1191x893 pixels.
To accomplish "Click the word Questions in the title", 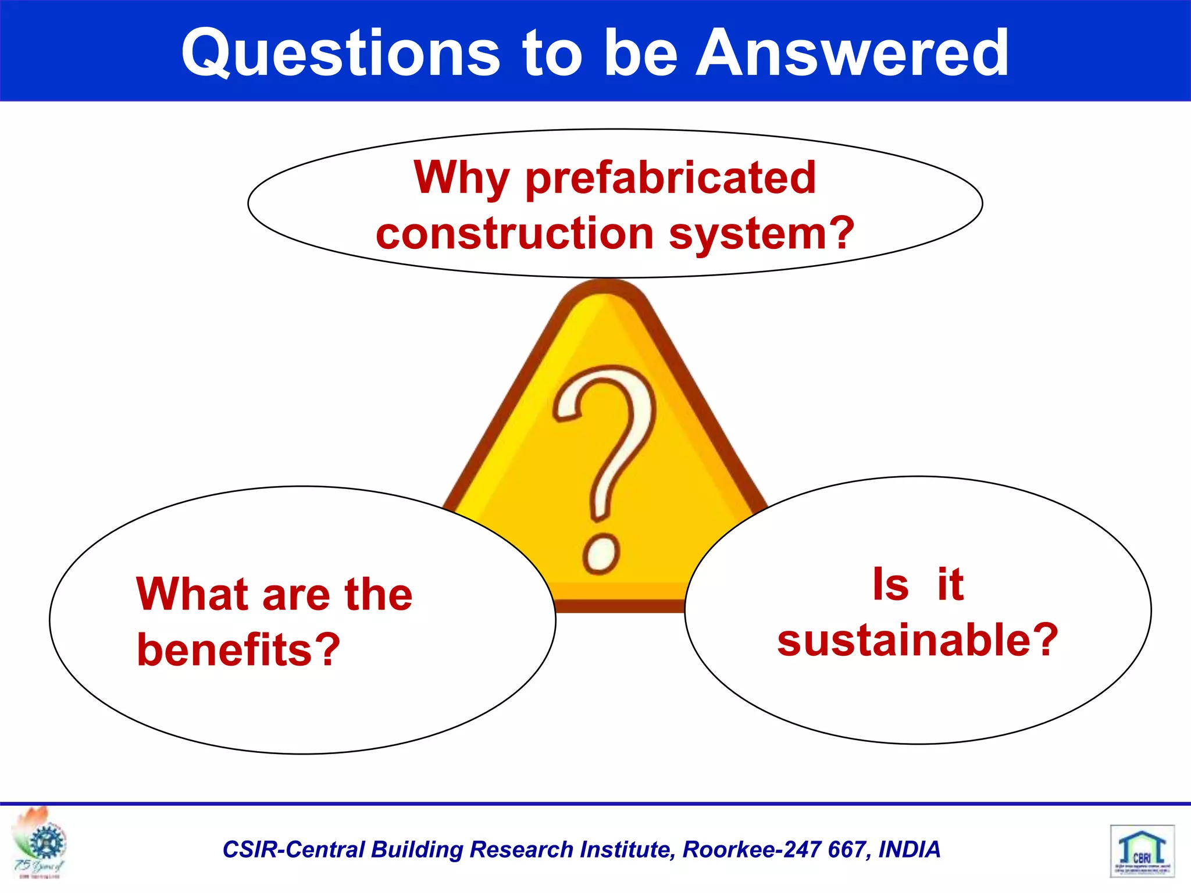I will click(x=340, y=53).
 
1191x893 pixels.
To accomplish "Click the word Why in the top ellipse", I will click(x=462, y=178).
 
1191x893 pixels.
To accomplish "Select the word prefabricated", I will click(x=671, y=178).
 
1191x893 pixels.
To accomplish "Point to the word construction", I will click(x=515, y=234).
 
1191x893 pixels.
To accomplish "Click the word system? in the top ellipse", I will click(x=762, y=234).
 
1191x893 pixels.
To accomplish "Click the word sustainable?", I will click(x=918, y=640).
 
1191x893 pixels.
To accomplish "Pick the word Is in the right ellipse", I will click(x=890, y=584).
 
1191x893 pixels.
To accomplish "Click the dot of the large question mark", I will click(x=601, y=553).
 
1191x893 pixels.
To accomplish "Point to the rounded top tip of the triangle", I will click(x=605, y=291).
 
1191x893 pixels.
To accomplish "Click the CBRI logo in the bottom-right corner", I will click(x=1142, y=851).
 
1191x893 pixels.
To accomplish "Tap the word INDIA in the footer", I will click(x=909, y=849).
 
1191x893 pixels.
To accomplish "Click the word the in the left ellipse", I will click(x=378, y=594).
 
